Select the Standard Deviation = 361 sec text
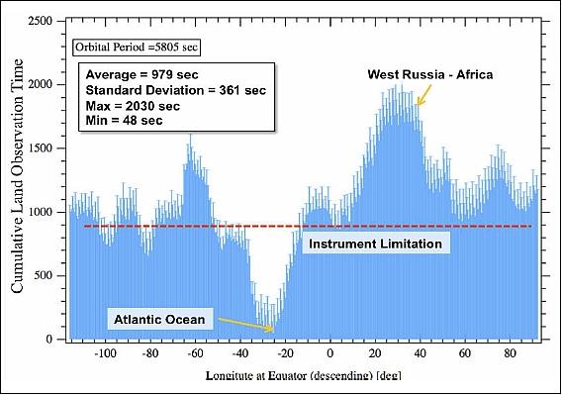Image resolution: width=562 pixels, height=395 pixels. pyautogui.click(x=165, y=91)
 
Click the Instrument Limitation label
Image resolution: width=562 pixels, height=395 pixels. pyautogui.click(x=375, y=243)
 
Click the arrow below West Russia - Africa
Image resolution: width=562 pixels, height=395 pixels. pyautogui.click(x=422, y=95)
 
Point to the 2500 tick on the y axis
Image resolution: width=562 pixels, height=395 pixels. pyautogui.click(x=43, y=21)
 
